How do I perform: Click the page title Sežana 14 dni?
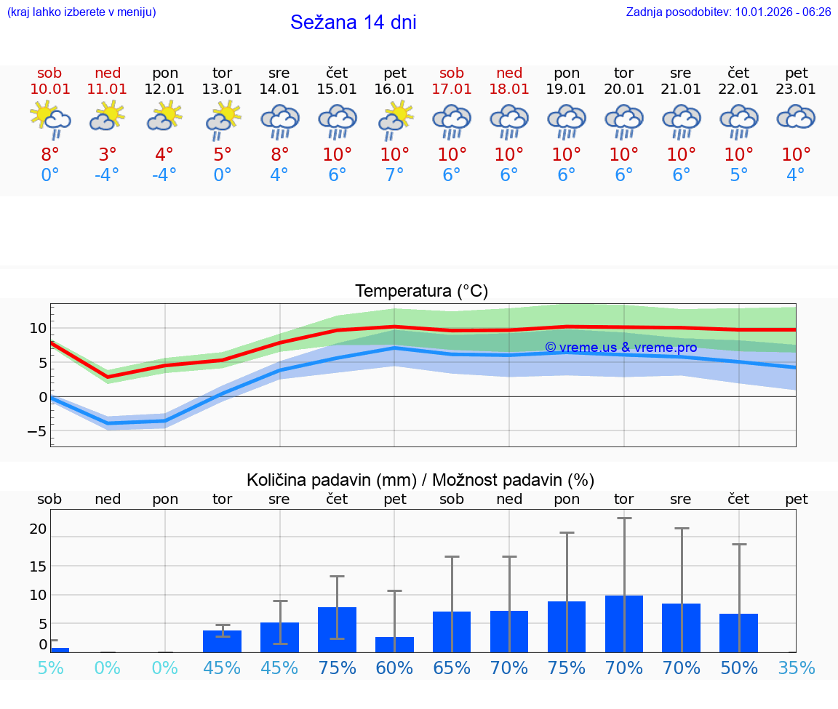coord(353,23)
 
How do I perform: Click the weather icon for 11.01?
coord(108,116)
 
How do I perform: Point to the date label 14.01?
coord(279,89)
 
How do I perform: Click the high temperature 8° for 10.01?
coord(49,155)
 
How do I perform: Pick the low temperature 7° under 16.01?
coord(394,175)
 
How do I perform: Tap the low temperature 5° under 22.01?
coord(738,175)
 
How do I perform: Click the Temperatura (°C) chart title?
coord(421,292)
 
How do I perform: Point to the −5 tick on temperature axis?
coord(36,431)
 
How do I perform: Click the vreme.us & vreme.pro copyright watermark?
coord(620,348)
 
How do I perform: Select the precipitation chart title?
coord(420,480)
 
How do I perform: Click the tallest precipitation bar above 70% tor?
coord(624,624)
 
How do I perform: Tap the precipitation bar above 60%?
coord(394,644)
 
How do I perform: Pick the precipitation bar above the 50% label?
coord(738,633)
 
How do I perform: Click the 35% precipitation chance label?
coord(796,668)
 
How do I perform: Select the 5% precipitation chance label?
coord(49,668)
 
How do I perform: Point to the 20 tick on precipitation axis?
coord(38,529)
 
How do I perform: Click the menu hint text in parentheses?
coord(81,12)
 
